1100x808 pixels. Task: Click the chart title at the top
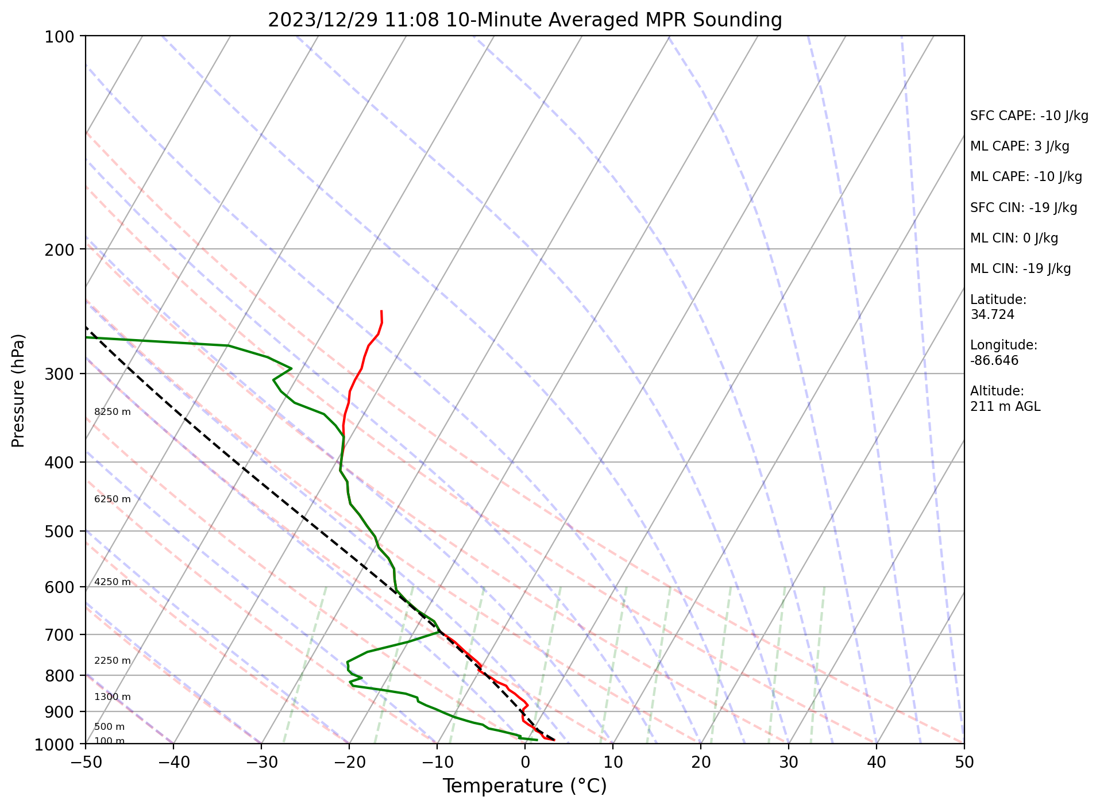[524, 20]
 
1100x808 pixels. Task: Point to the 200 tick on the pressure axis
[60, 249]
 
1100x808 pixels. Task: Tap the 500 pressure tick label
[60, 532]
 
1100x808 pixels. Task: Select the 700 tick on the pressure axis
[60, 635]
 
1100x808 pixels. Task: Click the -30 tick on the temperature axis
[261, 762]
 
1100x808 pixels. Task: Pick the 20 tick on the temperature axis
[701, 762]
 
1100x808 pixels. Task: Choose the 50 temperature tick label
[964, 762]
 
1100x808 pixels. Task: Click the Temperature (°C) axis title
[524, 786]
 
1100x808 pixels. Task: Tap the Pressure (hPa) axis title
[18, 390]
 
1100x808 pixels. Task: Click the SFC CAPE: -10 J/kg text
[1029, 116]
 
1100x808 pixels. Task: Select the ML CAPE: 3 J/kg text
[1020, 147]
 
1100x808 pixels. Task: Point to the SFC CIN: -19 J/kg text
[1024, 208]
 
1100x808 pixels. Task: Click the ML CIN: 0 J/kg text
[1014, 238]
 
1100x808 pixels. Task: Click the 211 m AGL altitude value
[1005, 407]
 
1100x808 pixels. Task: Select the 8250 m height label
[113, 412]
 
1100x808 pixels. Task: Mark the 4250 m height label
[113, 582]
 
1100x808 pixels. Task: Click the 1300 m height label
[113, 697]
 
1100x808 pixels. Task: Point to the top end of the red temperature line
[381, 311]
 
